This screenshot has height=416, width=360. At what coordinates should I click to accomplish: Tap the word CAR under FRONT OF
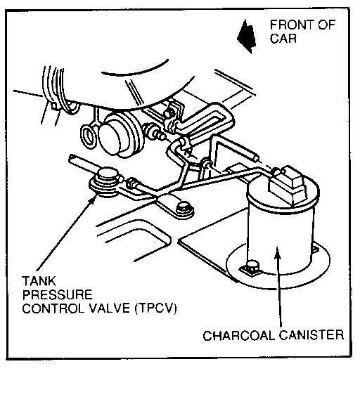click(x=283, y=38)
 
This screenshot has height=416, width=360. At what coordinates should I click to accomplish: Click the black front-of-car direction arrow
click(x=246, y=36)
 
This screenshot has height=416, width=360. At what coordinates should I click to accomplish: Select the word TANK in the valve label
click(x=39, y=281)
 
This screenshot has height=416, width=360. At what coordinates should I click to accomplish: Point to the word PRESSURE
click(x=57, y=294)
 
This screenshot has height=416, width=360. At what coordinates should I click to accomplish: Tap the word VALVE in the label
click(x=109, y=308)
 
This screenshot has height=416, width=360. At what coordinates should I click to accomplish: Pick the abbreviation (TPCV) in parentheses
click(x=155, y=308)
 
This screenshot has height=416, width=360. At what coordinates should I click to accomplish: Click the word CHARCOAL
click(x=239, y=335)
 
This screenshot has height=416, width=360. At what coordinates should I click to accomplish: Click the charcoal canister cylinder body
click(x=280, y=239)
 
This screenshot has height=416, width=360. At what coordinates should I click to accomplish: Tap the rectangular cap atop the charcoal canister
click(x=288, y=186)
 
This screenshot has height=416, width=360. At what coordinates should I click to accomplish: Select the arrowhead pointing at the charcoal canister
click(x=277, y=252)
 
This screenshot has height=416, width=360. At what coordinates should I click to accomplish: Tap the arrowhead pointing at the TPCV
click(x=93, y=198)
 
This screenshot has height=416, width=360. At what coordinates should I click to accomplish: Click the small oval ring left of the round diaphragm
click(x=88, y=137)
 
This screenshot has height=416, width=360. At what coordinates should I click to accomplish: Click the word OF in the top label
click(x=326, y=25)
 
